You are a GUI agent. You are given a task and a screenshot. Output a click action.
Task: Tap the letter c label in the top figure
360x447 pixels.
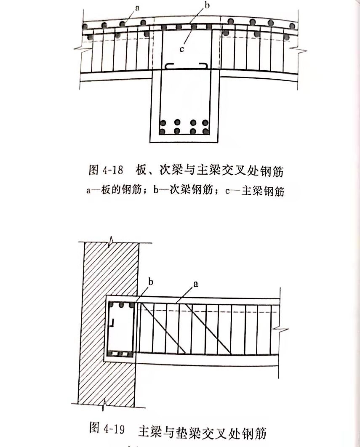click(x=182, y=49)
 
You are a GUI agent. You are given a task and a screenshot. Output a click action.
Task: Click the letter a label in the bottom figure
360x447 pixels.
click(x=195, y=284)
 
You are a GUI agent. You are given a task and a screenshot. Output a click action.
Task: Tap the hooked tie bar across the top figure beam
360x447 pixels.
click(x=185, y=67)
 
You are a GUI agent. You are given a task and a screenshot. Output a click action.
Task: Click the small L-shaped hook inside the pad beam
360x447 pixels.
click(x=113, y=323)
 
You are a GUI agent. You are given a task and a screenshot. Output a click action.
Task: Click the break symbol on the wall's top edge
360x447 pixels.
click(x=111, y=241)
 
